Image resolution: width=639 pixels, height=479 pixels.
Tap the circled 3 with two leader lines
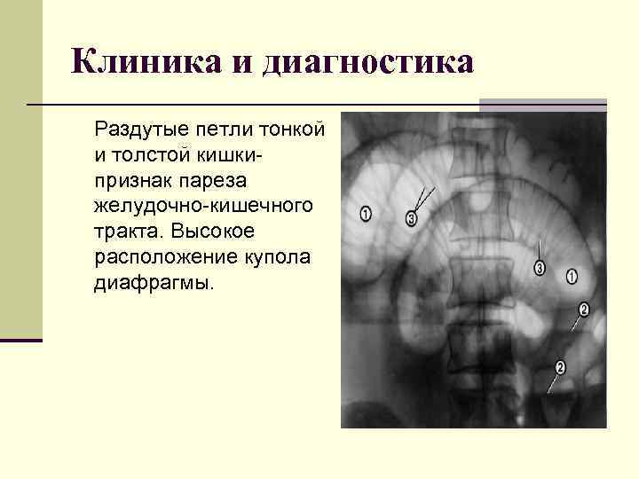[x=410, y=218]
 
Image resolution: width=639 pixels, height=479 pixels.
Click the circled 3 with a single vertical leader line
[x=540, y=268]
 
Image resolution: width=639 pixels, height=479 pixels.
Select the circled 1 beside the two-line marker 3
[x=367, y=214]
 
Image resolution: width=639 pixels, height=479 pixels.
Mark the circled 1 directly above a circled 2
[x=572, y=277]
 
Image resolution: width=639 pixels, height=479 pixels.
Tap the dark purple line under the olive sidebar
[x=21, y=340]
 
